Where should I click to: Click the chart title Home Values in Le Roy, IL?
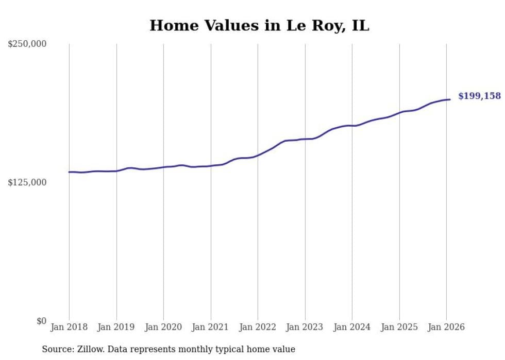[x=259, y=25]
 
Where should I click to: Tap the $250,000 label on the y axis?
[x=27, y=44]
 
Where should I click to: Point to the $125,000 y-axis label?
[x=27, y=182]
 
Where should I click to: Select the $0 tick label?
[x=41, y=321]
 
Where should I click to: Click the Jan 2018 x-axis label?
[x=69, y=327]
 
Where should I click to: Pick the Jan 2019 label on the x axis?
[x=116, y=327]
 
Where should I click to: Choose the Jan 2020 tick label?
[x=163, y=327]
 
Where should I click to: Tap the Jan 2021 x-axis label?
[x=210, y=327]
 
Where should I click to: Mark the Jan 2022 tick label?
[x=258, y=327]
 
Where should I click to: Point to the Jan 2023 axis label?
[x=305, y=327]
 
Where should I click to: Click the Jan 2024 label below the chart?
[x=352, y=327]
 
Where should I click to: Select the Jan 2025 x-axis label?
[x=399, y=327]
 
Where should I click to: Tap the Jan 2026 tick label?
[x=446, y=327]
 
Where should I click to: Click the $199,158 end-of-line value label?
[x=479, y=96]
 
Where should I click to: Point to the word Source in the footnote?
[x=56, y=349]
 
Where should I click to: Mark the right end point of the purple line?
[x=450, y=99]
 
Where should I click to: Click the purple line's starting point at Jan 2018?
[x=69, y=172]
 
